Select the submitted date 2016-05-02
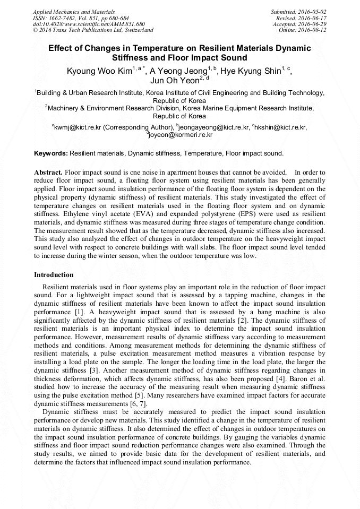click(313, 12)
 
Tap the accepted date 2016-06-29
click(313, 24)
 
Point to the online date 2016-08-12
click(313, 30)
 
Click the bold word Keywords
click(50, 153)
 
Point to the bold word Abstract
click(48, 172)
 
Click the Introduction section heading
click(54, 275)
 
